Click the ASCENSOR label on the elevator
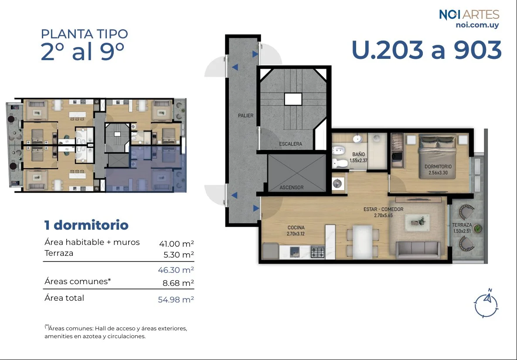point(292,187)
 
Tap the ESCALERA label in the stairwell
point(290,144)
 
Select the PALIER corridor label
point(246,115)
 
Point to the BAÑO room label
point(358,154)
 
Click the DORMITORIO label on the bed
point(438,166)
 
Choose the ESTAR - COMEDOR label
point(384,209)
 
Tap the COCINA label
point(296,228)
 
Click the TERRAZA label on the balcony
point(462,225)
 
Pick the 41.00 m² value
point(177,244)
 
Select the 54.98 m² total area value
point(176,299)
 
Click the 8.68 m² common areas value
point(178,283)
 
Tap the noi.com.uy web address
point(477,25)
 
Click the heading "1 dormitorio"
point(86,225)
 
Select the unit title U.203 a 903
point(427,50)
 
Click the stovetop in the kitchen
point(317,252)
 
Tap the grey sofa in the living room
point(418,250)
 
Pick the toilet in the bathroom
point(340,163)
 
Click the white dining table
point(362,241)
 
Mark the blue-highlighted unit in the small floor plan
point(146,169)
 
